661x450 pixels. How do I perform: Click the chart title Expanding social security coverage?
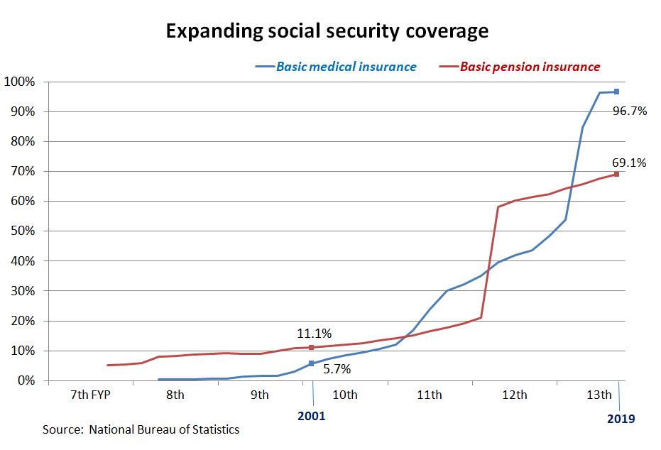point(327,31)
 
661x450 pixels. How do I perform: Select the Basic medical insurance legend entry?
point(346,67)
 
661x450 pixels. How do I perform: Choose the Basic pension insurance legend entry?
point(530,67)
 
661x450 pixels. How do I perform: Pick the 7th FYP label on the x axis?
point(90,395)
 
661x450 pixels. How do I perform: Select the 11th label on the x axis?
point(429,395)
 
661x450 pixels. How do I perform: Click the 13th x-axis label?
point(599,395)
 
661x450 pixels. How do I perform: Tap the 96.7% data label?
point(629,111)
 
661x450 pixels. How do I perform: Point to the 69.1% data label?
point(629,163)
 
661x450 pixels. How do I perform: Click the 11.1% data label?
point(315,333)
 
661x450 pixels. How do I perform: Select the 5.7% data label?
point(337,369)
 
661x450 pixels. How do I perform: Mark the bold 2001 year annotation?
point(310,416)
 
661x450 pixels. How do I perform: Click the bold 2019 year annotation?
point(621,419)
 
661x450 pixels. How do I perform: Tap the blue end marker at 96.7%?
point(617,92)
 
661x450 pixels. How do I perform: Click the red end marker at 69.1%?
point(617,174)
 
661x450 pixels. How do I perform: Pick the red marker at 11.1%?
point(311,347)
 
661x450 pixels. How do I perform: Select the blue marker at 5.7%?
point(311,363)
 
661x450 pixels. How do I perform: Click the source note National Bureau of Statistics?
point(141,429)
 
